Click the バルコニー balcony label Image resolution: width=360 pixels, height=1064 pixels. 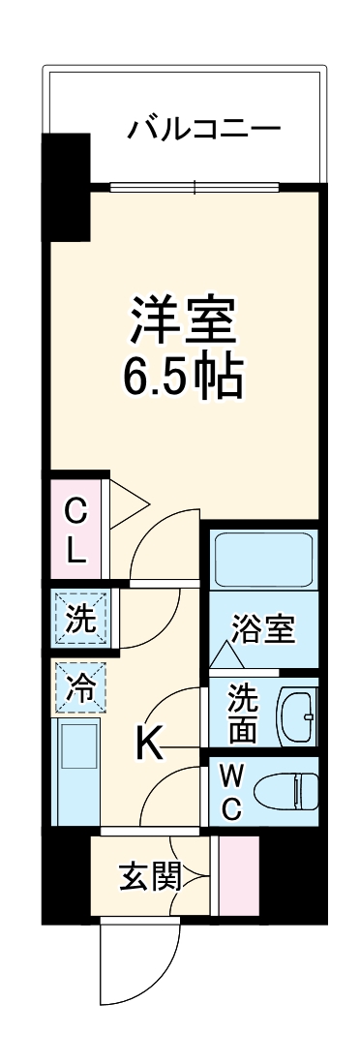(x=204, y=129)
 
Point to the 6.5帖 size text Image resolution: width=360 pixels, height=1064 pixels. (x=182, y=378)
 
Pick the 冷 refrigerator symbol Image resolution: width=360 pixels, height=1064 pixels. (x=80, y=688)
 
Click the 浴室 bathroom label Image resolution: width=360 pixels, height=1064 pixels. (x=263, y=629)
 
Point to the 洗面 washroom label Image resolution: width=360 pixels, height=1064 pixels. (x=242, y=713)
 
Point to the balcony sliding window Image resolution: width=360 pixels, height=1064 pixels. (x=195, y=187)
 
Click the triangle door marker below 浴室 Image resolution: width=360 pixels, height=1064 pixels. (x=227, y=656)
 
